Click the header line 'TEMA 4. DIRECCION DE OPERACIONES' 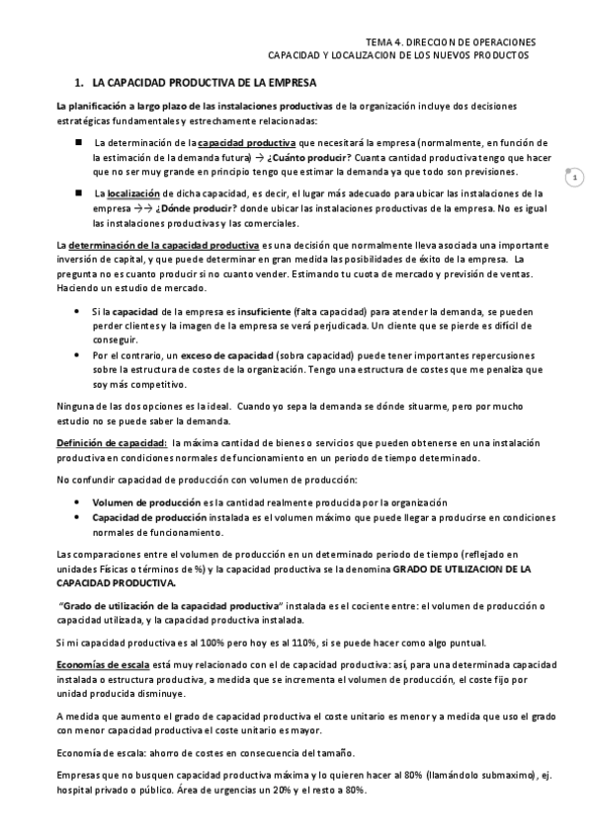coord(451,42)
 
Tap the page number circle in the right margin coord(573,178)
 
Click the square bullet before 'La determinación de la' coord(80,142)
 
